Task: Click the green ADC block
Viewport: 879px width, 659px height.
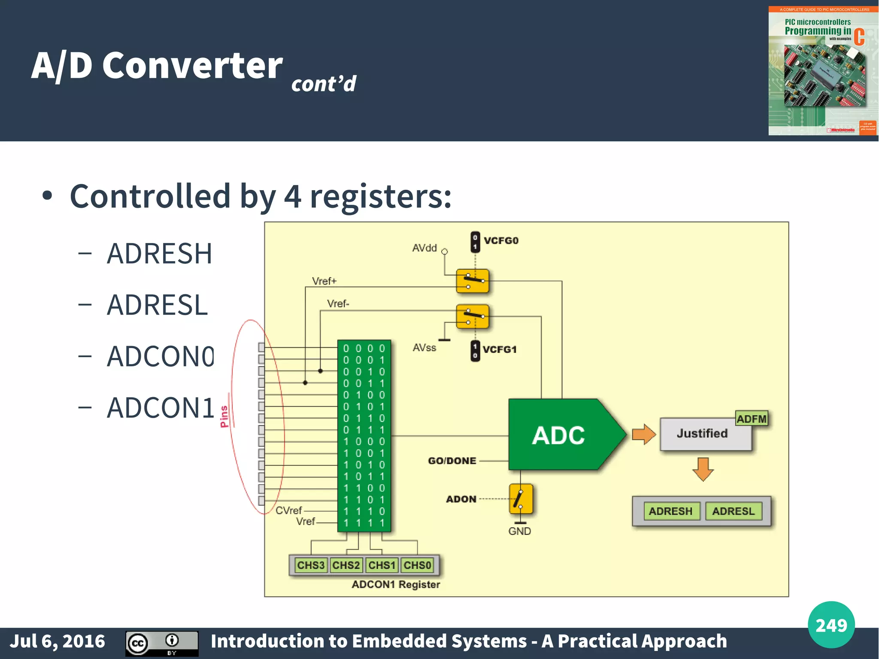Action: [558, 434]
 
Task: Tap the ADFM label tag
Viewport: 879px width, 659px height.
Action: [751, 419]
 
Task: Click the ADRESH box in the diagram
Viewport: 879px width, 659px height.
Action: [670, 511]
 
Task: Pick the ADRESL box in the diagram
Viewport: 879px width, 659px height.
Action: [733, 511]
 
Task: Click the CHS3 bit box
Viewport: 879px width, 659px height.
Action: [311, 565]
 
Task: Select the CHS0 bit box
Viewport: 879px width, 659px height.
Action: [417, 565]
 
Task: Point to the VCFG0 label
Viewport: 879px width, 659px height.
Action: [501, 240]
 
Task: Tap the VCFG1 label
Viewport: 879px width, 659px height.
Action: [499, 349]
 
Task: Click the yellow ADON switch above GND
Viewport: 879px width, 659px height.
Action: [521, 499]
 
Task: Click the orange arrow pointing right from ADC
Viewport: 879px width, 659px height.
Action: [644, 434]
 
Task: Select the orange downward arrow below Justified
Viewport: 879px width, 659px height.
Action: [703, 469]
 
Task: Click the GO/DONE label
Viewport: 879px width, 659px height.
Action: [452, 461]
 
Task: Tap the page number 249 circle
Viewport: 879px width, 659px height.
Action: [831, 625]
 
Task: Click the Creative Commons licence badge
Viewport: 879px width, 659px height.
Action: [162, 643]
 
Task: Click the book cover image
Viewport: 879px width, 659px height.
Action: [823, 71]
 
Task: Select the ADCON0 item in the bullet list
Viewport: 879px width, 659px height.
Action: [160, 356]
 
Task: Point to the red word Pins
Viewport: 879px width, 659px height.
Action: [224, 416]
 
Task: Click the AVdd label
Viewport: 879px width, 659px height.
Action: [424, 248]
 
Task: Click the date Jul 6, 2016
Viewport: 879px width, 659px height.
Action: [58, 641]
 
